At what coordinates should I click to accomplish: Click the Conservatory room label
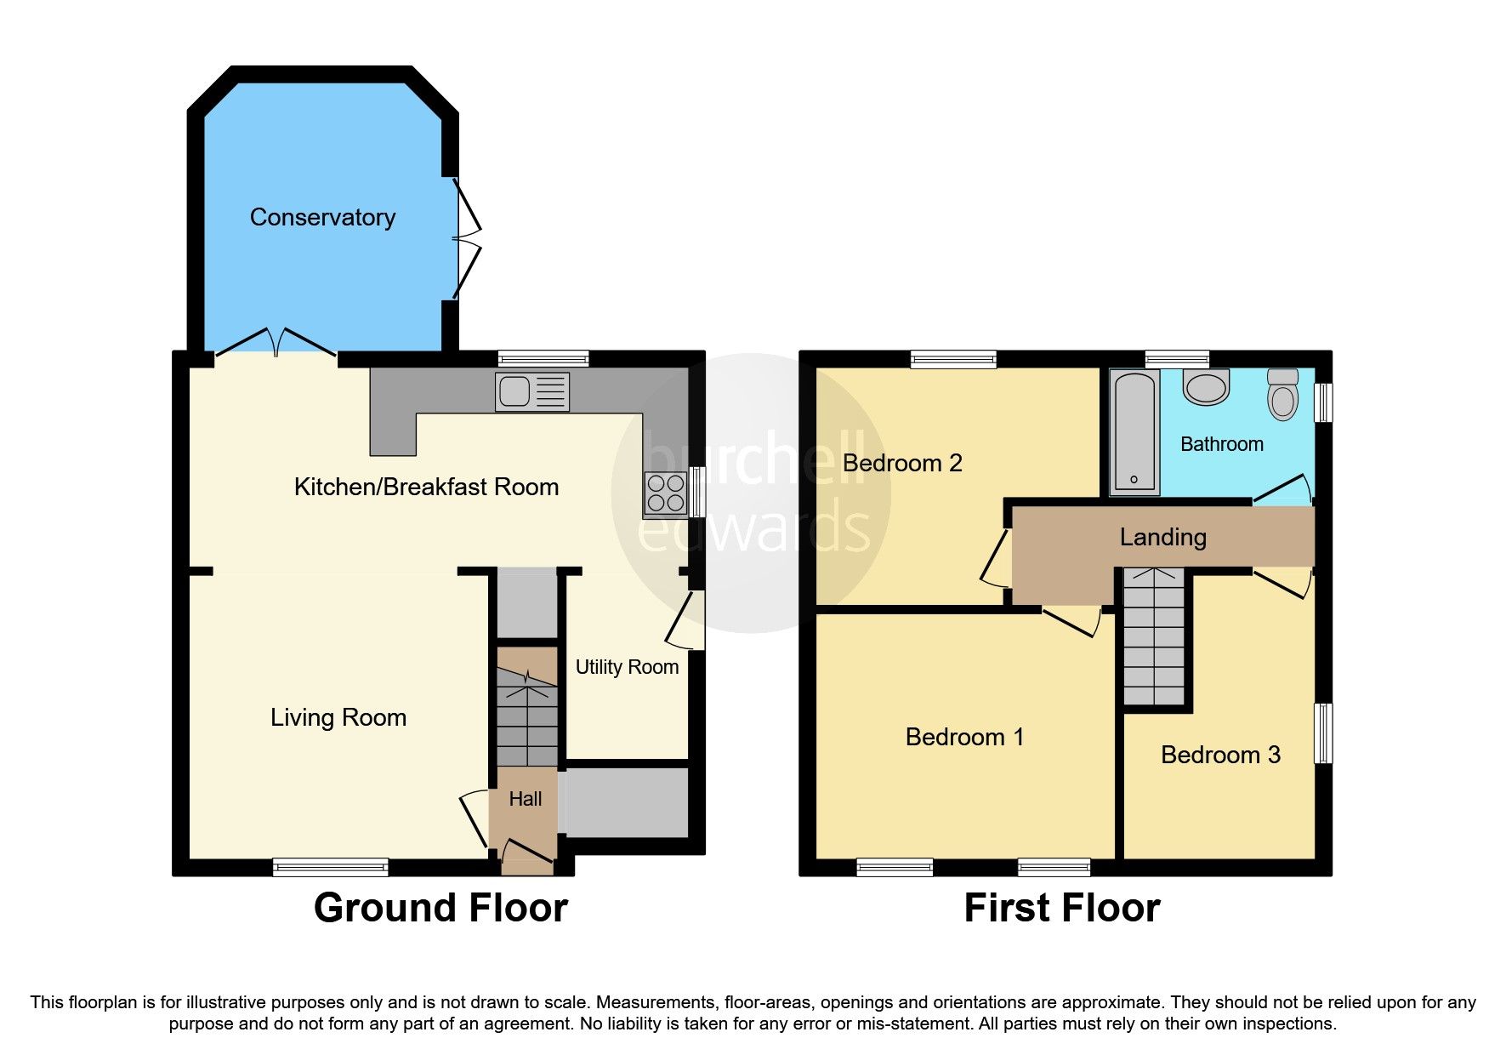[322, 218]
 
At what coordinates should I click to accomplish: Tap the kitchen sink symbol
[532, 392]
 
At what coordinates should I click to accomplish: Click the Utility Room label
[627, 667]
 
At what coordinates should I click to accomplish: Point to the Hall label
[525, 799]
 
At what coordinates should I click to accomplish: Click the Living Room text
[338, 717]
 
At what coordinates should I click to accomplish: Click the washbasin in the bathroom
[1206, 387]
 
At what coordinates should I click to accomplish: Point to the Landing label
[1162, 537]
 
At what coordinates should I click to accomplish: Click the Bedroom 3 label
[1220, 755]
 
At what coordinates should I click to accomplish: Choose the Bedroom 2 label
[902, 463]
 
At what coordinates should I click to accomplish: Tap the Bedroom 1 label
[964, 737]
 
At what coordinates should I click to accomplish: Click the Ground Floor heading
[440, 908]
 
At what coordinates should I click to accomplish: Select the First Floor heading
[1061, 908]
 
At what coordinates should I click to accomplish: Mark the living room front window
[330, 867]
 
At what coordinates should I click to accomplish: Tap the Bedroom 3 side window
[1323, 733]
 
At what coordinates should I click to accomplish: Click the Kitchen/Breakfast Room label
[426, 487]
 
